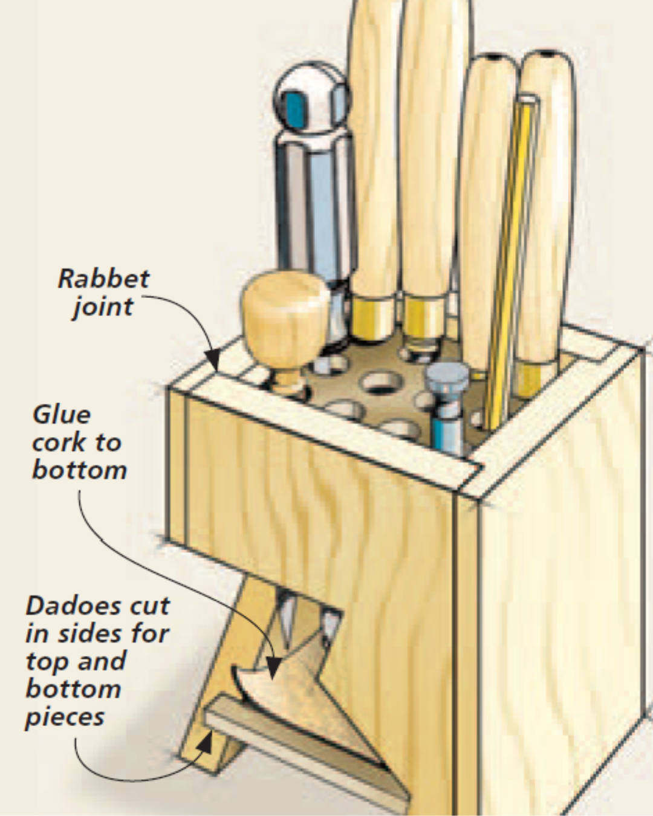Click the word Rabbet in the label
[103, 279]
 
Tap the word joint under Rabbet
[103, 306]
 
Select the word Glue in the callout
[62, 415]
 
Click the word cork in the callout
[59, 442]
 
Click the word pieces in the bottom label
[65, 717]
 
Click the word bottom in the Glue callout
[79, 470]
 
